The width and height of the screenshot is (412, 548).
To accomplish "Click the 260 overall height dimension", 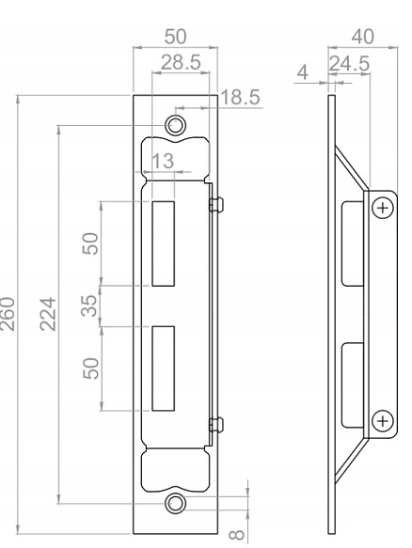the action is coord(8,314).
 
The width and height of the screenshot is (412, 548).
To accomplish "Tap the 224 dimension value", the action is coord(48,314).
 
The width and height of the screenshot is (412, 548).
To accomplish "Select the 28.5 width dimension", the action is coord(181,63).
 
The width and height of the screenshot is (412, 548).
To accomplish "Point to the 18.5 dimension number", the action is coord(240,97).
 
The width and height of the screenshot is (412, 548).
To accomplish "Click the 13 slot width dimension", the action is coord(163,161).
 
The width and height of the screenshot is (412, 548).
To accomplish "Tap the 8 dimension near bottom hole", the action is coord(237,534).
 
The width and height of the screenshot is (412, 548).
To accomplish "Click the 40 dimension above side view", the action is coord(363,37).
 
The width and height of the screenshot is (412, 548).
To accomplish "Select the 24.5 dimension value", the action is coord(349,63).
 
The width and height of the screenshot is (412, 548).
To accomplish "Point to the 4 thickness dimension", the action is coord(303,72).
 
